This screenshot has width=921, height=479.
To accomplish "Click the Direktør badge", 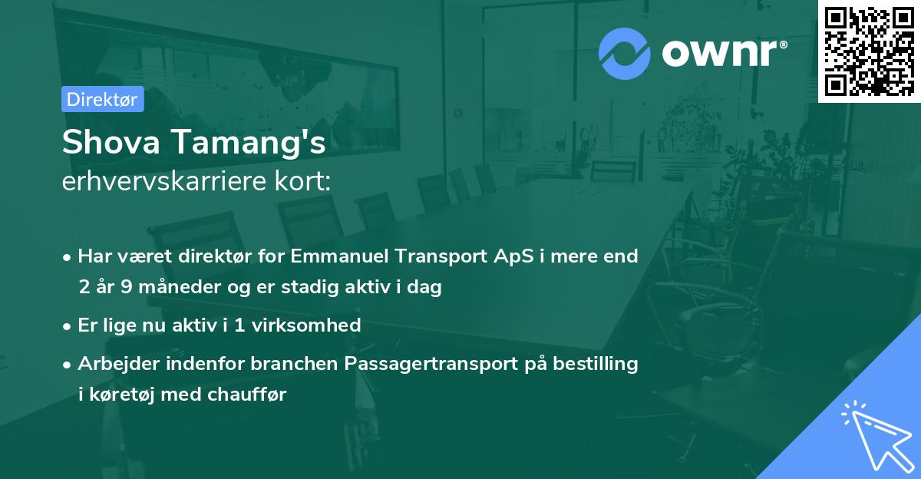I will pos(103,99).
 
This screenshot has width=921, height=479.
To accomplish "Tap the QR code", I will pos(869,51).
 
